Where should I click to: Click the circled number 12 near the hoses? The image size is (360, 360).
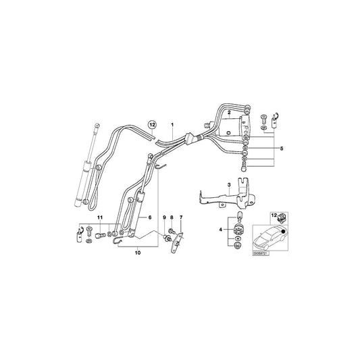click(x=153, y=125)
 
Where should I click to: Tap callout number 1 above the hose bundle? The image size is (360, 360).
click(x=173, y=126)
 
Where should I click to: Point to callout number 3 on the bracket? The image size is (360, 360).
click(x=229, y=184)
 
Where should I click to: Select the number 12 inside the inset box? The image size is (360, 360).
click(x=274, y=214)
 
